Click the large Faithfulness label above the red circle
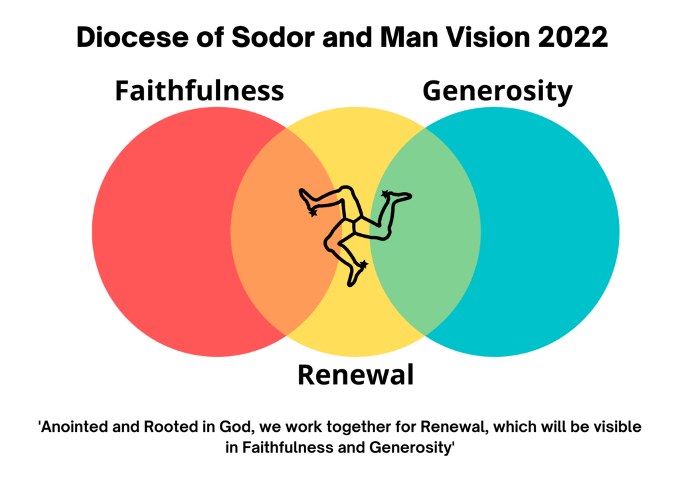pyautogui.click(x=199, y=91)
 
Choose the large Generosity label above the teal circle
pyautogui.click(x=497, y=91)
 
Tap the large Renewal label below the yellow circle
pyautogui.click(x=355, y=375)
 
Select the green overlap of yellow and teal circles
pyautogui.click(x=432, y=252)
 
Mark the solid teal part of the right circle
pyautogui.click(x=551, y=233)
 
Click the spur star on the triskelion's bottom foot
pyautogui.click(x=363, y=264)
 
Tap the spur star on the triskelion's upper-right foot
pyautogui.click(x=384, y=195)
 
